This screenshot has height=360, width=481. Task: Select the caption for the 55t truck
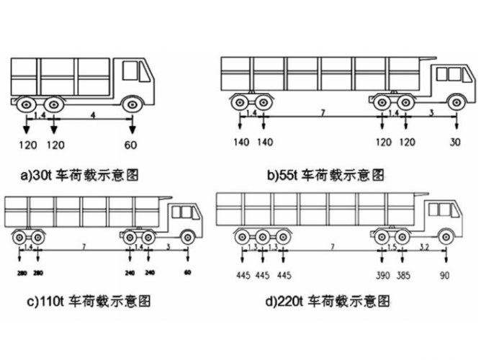point(325,175)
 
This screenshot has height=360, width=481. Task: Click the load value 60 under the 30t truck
point(132,145)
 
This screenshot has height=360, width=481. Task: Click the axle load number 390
point(383,275)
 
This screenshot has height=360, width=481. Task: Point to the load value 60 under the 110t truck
point(187,274)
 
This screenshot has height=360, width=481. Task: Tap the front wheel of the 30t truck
point(131,105)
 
